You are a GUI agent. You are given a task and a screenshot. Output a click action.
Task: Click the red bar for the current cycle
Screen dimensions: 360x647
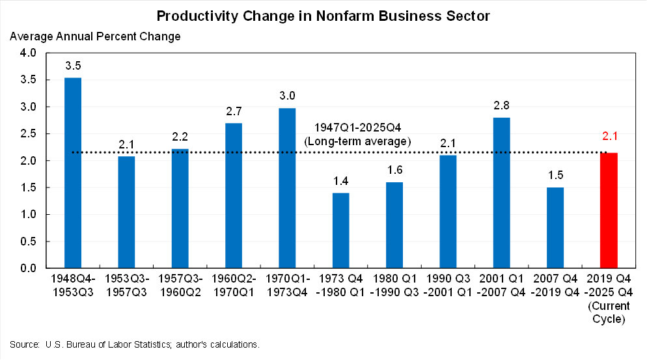tap(609, 210)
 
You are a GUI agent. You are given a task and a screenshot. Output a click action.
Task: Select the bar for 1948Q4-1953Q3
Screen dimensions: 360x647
tap(73, 173)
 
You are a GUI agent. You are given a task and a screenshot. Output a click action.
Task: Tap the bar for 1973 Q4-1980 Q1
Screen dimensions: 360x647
tap(340, 230)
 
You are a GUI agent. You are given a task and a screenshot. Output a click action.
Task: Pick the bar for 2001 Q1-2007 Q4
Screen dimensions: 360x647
tap(501, 193)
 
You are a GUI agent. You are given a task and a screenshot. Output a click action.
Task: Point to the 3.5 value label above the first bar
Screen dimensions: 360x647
tap(73, 66)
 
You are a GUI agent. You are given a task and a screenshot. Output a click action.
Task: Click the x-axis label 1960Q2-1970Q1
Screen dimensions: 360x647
tap(233, 286)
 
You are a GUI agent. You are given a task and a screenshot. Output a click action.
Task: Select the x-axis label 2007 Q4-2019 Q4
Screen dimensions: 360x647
tap(555, 286)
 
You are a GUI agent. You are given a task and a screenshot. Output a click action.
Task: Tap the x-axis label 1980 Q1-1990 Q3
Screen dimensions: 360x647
tap(394, 286)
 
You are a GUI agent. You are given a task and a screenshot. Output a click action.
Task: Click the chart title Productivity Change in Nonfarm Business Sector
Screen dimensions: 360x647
tap(323, 14)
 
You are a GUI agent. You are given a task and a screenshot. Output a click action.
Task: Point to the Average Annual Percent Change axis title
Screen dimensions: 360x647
tap(95, 36)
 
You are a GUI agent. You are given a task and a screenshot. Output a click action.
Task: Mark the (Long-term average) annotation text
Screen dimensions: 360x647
tap(358, 141)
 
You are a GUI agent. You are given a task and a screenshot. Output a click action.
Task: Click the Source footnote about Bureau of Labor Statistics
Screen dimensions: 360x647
tap(135, 344)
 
